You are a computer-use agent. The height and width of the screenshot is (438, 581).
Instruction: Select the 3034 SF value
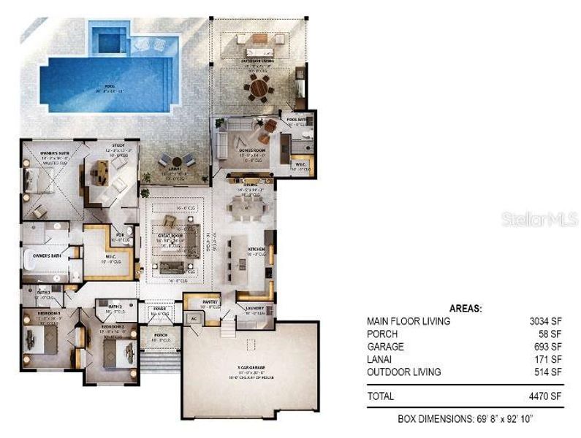547,321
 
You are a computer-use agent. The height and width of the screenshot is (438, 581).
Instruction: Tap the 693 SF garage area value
549,346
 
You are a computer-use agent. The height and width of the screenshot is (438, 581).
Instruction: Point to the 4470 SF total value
547,396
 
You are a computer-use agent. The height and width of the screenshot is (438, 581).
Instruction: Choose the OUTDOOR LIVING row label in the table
403,372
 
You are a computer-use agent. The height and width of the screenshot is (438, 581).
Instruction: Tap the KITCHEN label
256,250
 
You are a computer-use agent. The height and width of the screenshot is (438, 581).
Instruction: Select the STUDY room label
118,146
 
